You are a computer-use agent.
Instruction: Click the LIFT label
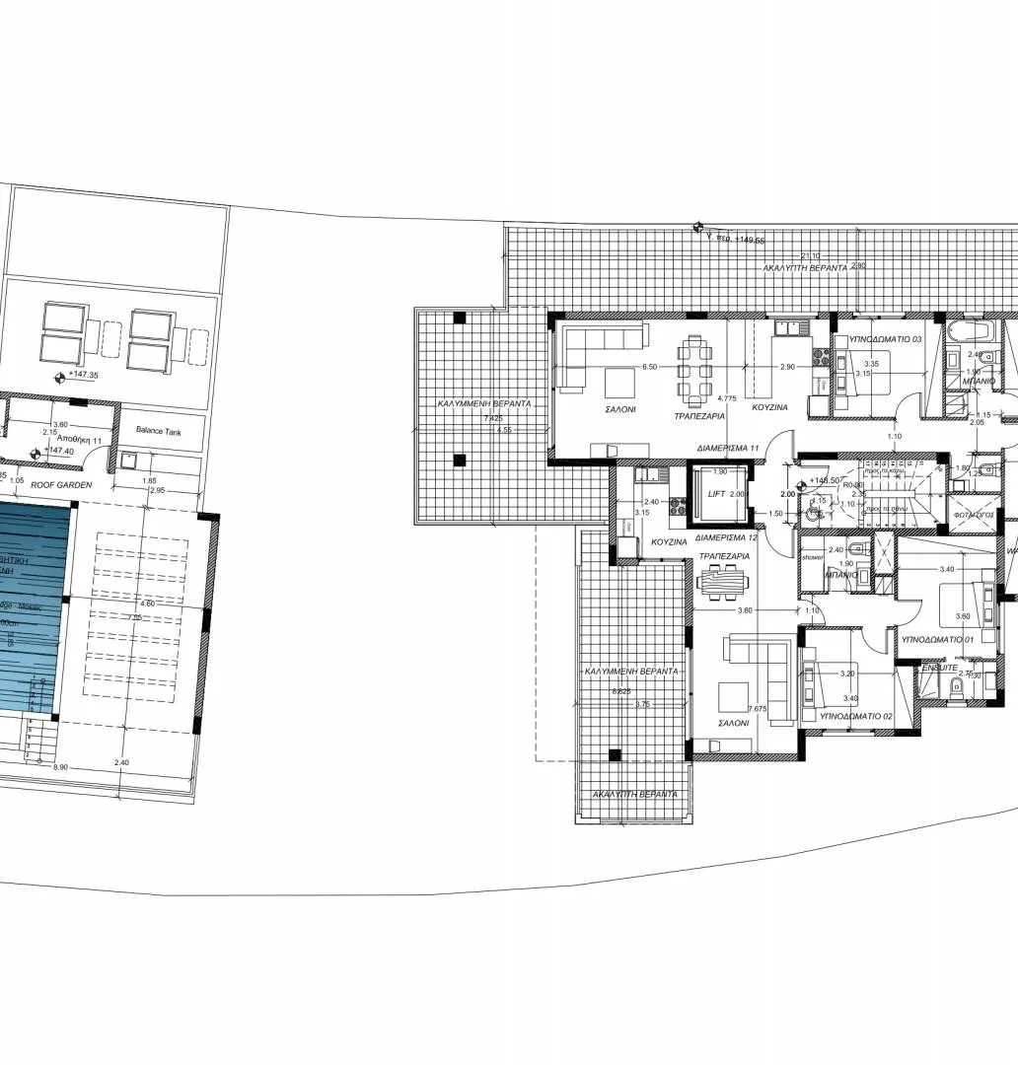point(717,494)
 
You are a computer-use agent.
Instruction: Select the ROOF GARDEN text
point(61,485)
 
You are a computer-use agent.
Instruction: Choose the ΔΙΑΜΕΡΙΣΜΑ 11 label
point(728,448)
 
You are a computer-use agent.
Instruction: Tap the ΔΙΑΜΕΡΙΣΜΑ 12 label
point(725,538)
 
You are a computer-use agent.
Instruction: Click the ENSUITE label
point(940,668)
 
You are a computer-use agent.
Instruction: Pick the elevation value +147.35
point(86,376)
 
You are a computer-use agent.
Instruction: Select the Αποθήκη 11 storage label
point(78,439)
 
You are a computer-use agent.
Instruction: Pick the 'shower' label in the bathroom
point(812,557)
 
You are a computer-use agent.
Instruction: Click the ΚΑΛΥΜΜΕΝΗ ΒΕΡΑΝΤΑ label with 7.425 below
point(485,404)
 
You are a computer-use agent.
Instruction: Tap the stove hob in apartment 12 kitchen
point(679,507)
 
